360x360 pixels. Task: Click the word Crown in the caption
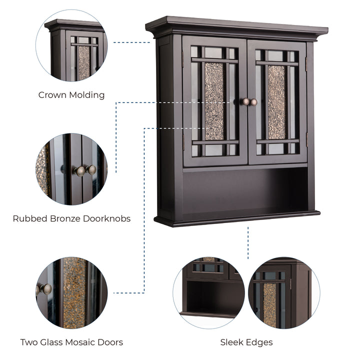(x=52, y=95)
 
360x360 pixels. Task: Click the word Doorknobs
(x=107, y=218)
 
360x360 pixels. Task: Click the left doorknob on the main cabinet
(x=244, y=101)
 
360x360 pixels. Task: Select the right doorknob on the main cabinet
(x=253, y=102)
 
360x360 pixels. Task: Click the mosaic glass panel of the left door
(x=214, y=101)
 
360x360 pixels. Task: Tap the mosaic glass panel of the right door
(x=276, y=102)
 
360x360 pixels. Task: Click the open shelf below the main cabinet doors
(x=245, y=190)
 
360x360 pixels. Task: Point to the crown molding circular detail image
(x=71, y=45)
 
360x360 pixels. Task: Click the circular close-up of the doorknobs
(x=71, y=169)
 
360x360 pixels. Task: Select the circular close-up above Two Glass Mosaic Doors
(x=71, y=292)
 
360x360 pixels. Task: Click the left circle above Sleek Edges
(x=208, y=292)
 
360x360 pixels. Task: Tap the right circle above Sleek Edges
(x=284, y=292)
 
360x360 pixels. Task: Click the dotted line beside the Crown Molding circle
(x=132, y=42)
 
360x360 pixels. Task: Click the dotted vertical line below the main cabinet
(x=248, y=243)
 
